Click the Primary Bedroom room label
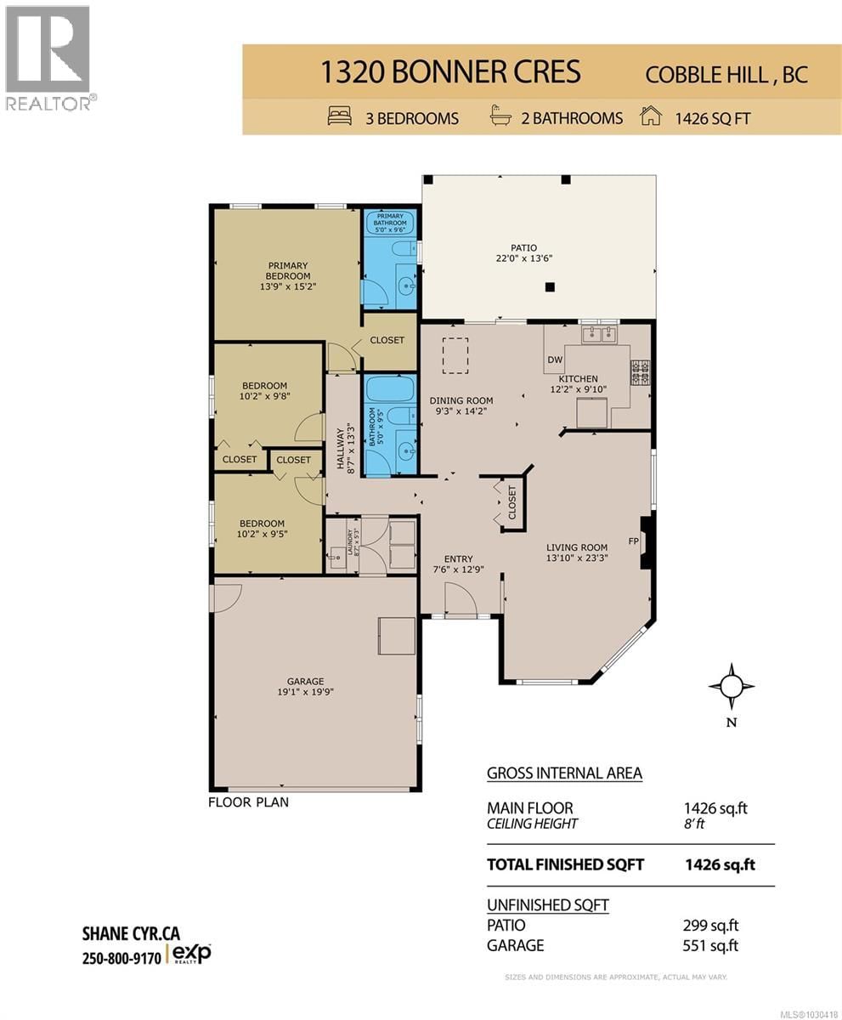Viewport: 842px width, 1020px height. coord(286,270)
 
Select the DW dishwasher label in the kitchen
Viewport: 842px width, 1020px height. coord(555,360)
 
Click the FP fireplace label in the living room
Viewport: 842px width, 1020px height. coord(633,541)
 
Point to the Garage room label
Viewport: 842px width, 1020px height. coord(305,681)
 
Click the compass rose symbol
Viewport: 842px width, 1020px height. coord(731,685)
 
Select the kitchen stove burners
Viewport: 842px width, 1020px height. coord(639,370)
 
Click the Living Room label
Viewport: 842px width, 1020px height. coord(577,547)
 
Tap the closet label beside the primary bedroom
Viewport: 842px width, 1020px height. coord(387,340)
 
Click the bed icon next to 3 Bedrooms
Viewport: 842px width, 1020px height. coord(340,117)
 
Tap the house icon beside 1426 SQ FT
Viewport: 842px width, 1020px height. coord(651,116)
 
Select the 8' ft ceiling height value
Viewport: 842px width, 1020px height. coord(694,824)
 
